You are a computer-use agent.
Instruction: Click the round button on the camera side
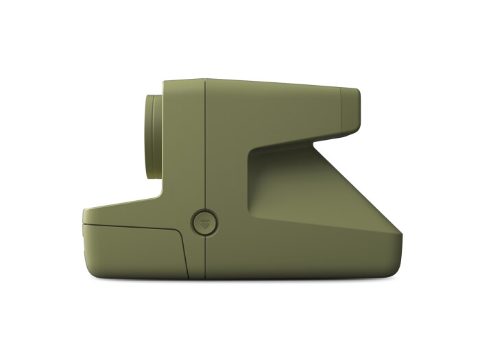click(x=204, y=222)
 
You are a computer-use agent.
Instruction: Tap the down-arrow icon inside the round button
click(x=204, y=221)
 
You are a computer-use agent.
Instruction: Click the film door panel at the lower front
click(x=130, y=250)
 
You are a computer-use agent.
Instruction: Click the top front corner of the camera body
click(x=164, y=83)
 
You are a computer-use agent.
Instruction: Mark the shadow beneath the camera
click(x=240, y=280)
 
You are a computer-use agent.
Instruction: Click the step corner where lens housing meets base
click(x=163, y=199)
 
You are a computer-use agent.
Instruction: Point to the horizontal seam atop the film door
click(x=130, y=226)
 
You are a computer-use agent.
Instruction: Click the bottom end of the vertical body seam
click(x=205, y=278)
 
